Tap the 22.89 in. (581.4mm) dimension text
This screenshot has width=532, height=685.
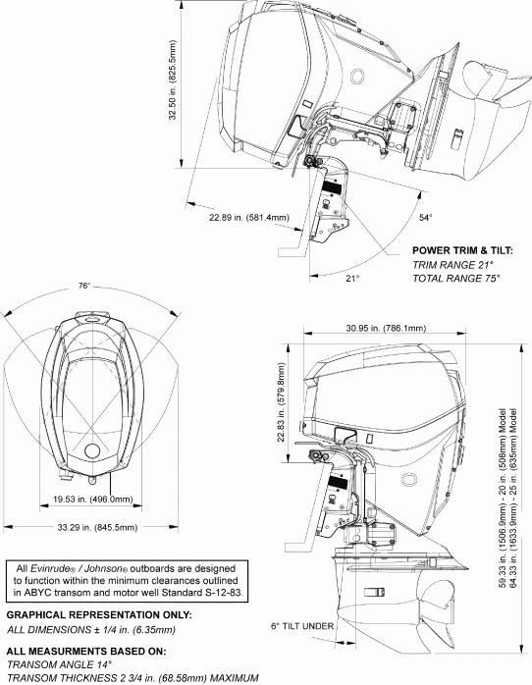(x=249, y=217)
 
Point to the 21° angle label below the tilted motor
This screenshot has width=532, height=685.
(x=352, y=279)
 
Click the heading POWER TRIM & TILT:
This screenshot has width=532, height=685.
(x=461, y=249)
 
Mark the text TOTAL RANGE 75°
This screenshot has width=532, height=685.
(x=456, y=278)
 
